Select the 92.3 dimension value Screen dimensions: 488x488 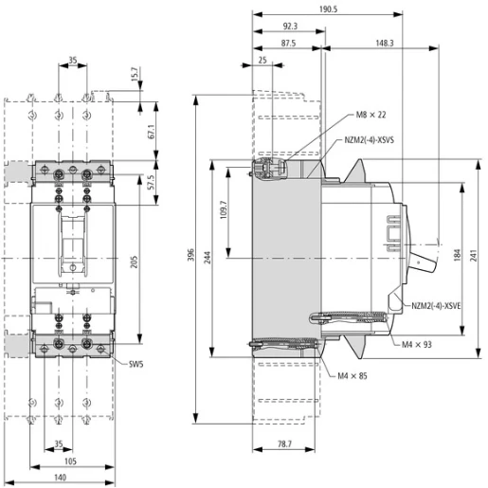tap(290, 27)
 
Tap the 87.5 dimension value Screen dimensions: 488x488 tap(288, 44)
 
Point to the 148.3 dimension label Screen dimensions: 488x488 tap(385, 44)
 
